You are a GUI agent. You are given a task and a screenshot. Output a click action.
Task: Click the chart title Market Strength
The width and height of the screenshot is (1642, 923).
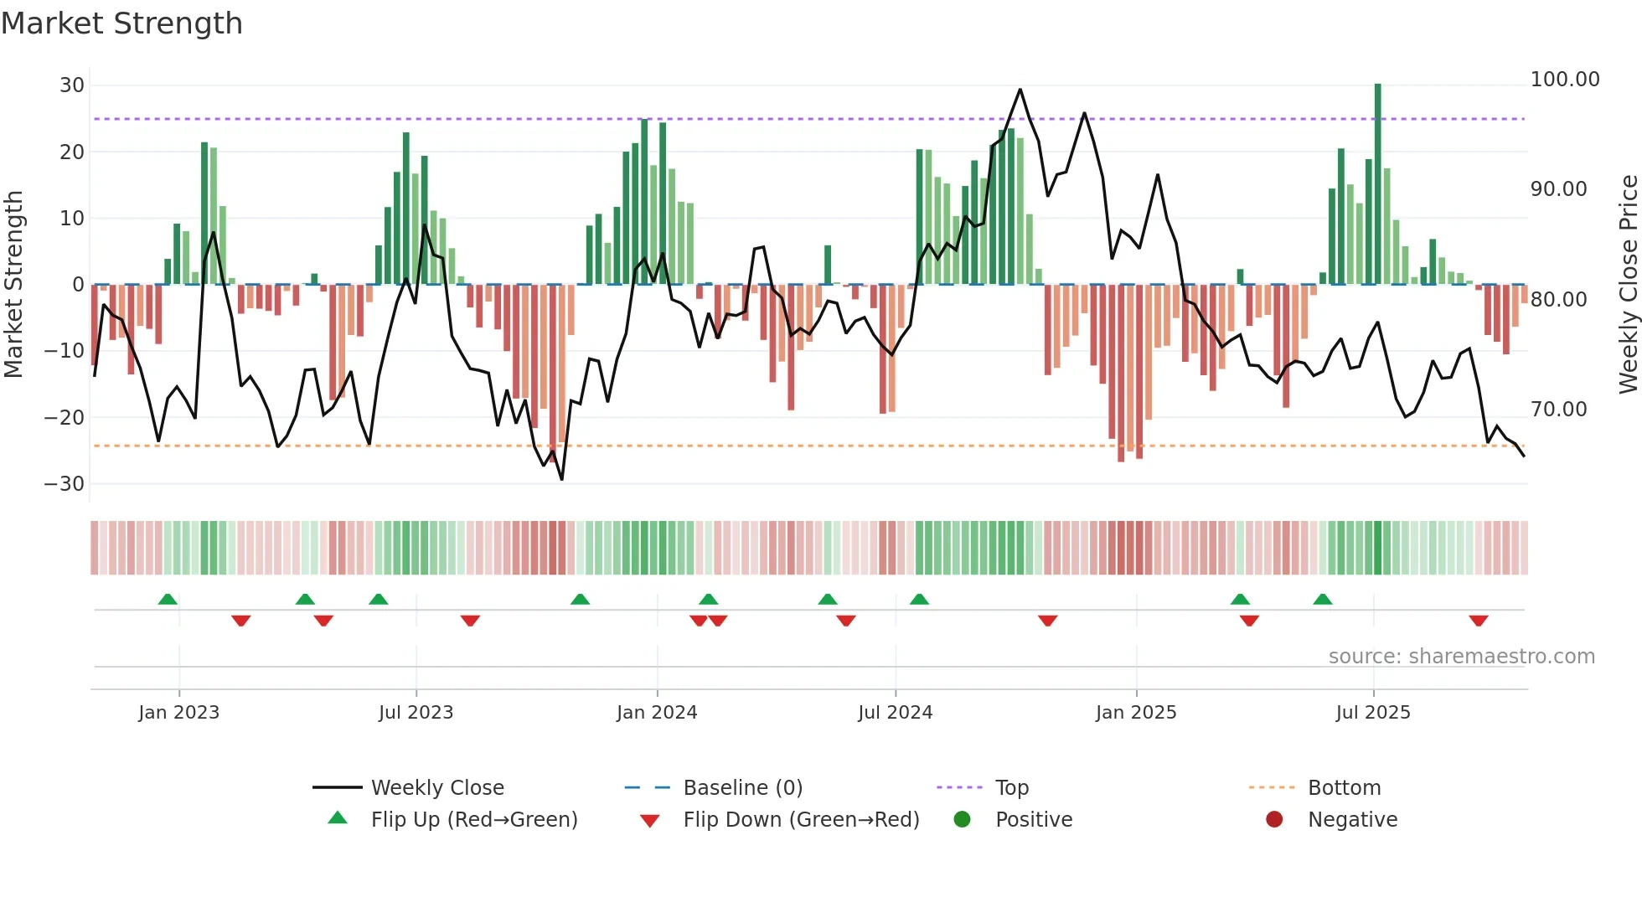pyautogui.click(x=121, y=23)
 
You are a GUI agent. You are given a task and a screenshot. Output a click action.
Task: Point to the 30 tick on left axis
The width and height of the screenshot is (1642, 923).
pyautogui.click(x=72, y=85)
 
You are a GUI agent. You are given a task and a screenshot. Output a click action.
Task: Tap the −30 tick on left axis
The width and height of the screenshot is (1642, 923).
pyautogui.click(x=65, y=484)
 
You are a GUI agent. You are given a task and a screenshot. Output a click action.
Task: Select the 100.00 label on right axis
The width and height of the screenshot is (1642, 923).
pyautogui.click(x=1564, y=80)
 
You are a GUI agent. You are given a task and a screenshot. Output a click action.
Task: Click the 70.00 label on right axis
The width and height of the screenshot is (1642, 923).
pyautogui.click(x=1558, y=410)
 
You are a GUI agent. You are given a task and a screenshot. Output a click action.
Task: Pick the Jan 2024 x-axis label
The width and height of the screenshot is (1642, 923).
pyautogui.click(x=657, y=713)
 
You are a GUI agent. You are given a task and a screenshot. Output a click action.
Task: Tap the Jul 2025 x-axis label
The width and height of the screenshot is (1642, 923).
pyautogui.click(x=1373, y=713)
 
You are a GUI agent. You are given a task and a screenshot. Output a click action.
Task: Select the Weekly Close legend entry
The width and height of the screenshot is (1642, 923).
pyautogui.click(x=436, y=788)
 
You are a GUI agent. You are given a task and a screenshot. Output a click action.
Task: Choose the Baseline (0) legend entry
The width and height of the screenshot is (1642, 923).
pyautogui.click(x=742, y=788)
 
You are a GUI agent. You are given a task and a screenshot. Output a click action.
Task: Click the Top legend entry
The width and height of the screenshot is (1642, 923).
pyautogui.click(x=1011, y=788)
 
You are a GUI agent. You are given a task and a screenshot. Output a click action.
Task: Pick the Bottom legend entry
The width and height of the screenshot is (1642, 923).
pyautogui.click(x=1344, y=788)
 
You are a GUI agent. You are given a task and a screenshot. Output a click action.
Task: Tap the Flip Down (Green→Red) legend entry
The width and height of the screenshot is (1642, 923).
pyautogui.click(x=800, y=820)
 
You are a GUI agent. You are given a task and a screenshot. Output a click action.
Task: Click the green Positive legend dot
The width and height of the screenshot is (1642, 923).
pyautogui.click(x=962, y=820)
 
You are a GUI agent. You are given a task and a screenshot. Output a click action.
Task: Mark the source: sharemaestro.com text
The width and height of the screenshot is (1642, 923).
pyautogui.click(x=1461, y=657)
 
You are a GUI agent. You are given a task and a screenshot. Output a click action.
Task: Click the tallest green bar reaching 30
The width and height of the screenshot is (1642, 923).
pyautogui.click(x=1377, y=184)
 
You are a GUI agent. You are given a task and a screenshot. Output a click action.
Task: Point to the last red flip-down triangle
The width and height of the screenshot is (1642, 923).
pyautogui.click(x=1478, y=621)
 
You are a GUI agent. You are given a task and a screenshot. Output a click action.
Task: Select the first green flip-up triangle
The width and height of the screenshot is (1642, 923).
pyautogui.click(x=168, y=599)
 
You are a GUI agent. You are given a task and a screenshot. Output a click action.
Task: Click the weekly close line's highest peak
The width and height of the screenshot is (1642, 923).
pyautogui.click(x=1020, y=90)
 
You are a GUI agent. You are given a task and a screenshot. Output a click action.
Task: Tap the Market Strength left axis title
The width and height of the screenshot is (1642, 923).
pyautogui.click(x=14, y=285)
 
